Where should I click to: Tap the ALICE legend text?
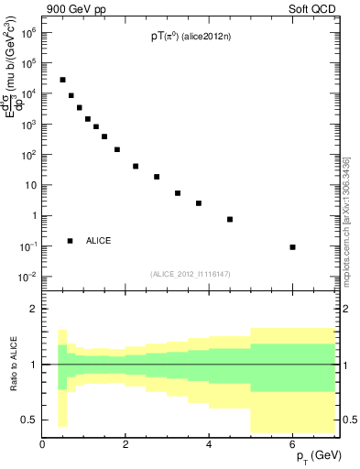pyautogui.click(x=99, y=241)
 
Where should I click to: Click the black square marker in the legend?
pyautogui.click(x=70, y=241)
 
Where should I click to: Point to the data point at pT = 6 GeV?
pyautogui.click(x=292, y=247)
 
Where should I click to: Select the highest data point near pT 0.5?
pyautogui.click(x=62, y=80)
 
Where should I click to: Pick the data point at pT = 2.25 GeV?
pyautogui.click(x=136, y=166)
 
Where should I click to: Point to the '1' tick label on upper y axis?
pyautogui.click(x=32, y=215)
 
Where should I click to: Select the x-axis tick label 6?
pyautogui.click(x=292, y=444)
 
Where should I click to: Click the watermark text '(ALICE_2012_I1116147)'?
pyautogui.click(x=189, y=274)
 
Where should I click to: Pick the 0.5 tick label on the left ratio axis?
pyautogui.click(x=27, y=420)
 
